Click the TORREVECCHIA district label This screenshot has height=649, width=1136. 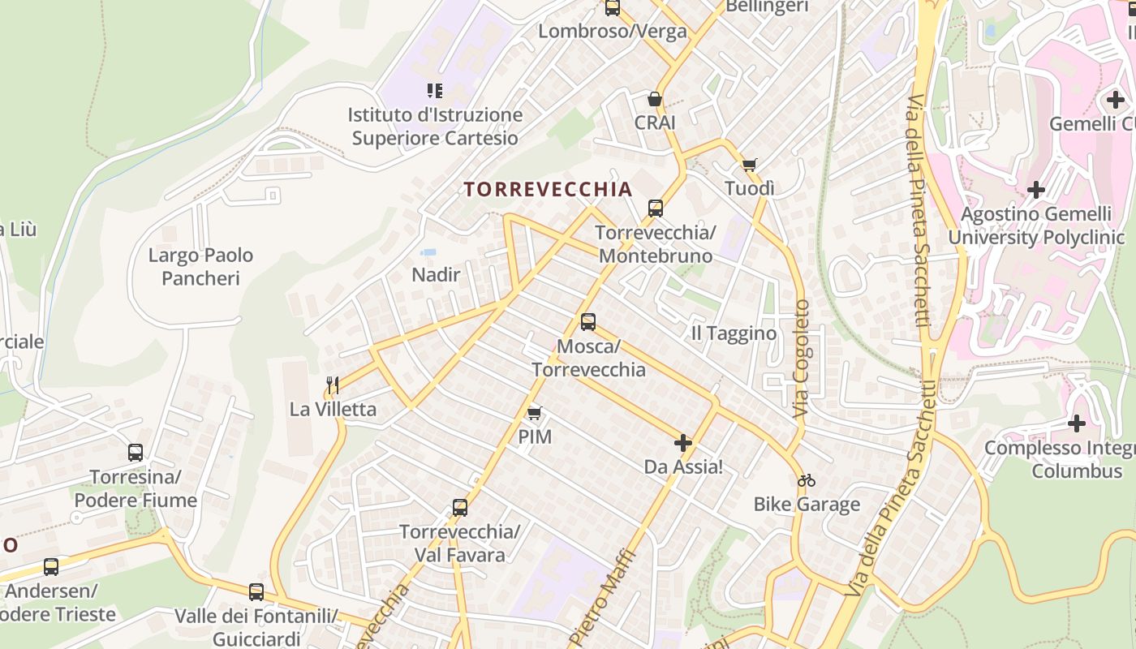click(x=547, y=190)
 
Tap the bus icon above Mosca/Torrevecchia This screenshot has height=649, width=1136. click(x=588, y=322)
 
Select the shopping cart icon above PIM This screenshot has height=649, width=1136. click(x=534, y=414)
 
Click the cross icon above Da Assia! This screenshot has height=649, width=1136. click(x=683, y=443)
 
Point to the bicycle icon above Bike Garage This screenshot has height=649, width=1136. click(x=806, y=480)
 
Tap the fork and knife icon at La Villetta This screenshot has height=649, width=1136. click(x=333, y=385)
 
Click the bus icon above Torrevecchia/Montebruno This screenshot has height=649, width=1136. click(x=655, y=208)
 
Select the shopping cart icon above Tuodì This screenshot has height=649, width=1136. click(x=750, y=165)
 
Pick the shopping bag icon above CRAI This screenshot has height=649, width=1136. click(x=654, y=99)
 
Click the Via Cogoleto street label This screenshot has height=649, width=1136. click(x=802, y=359)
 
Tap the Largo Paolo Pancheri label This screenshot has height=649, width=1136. click(x=200, y=267)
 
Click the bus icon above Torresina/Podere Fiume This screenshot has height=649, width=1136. click(x=136, y=453)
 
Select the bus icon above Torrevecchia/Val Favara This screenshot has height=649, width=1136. click(x=460, y=508)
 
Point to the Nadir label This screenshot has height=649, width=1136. click(x=436, y=275)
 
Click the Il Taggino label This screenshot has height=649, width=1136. click(x=734, y=333)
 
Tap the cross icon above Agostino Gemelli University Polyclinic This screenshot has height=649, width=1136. click(x=1036, y=191)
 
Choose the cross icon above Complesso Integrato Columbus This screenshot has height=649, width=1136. click(x=1077, y=423)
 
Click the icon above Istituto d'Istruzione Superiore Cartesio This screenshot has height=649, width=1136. click(x=435, y=91)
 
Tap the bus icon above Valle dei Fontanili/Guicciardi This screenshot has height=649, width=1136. click(x=256, y=592)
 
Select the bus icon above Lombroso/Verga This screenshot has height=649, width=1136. click(x=613, y=8)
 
